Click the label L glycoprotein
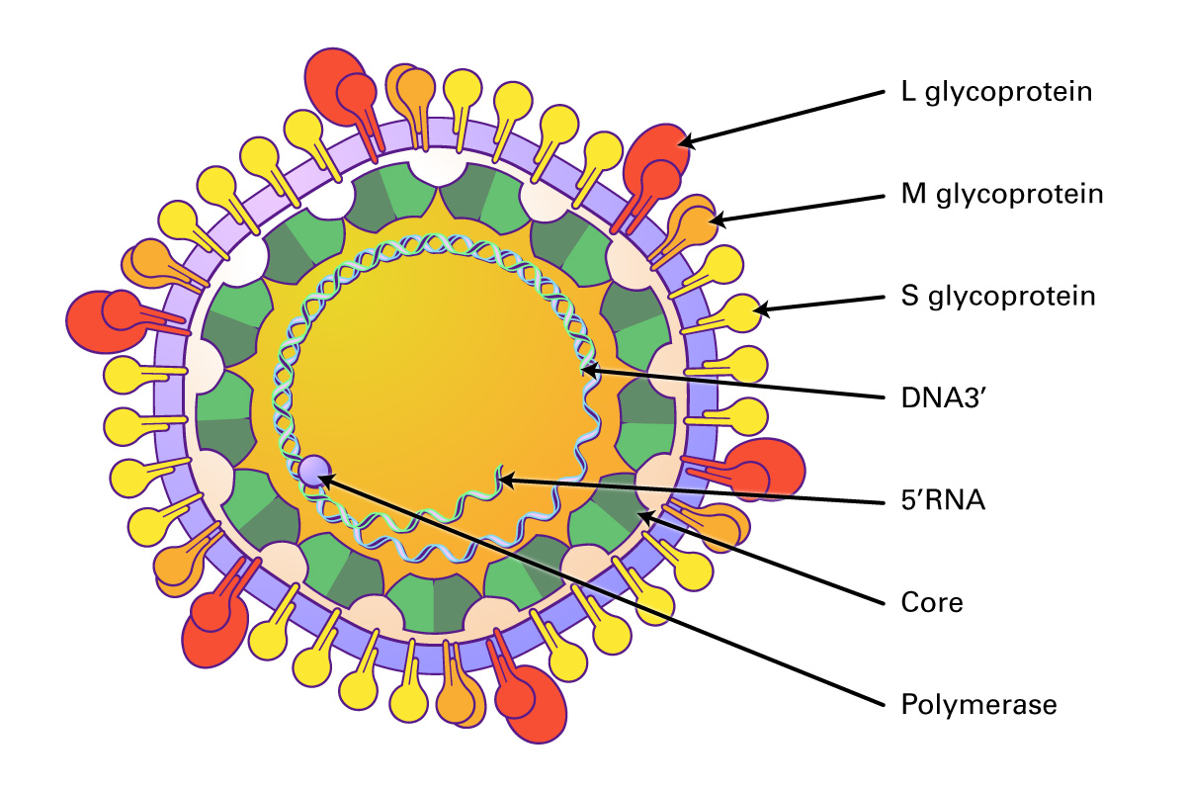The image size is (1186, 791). tap(996, 93)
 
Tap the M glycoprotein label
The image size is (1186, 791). tap(1001, 194)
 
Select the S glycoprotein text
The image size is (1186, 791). tap(998, 296)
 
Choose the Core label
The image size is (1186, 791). tap(931, 602)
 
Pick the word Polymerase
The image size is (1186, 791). tap(978, 705)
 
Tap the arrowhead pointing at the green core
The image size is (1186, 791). tap(643, 514)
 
